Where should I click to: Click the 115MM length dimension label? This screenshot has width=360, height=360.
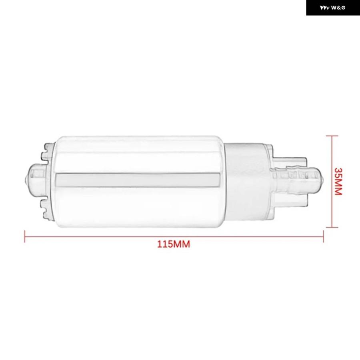pos(174,244)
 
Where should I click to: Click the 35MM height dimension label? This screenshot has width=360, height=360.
pos(338,181)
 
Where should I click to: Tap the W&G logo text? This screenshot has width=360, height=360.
pos(338,8)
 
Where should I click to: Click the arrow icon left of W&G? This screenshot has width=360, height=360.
pos(325,8)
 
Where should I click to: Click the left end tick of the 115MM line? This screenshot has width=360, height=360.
pos(25,236)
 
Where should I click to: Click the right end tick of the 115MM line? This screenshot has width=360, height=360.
pos(323,236)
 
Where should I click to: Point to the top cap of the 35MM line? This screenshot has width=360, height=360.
pos(332,136)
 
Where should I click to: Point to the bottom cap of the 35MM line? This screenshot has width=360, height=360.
pos(332,227)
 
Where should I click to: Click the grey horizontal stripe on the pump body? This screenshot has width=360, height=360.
pos(138,180)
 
